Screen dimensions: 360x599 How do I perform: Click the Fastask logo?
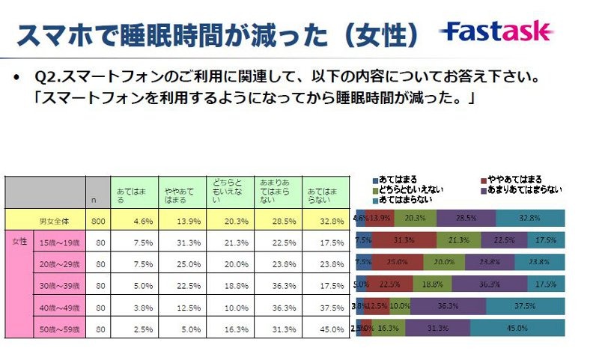498,31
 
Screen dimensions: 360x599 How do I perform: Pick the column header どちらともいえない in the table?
228,192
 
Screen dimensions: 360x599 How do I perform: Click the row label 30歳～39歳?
60,285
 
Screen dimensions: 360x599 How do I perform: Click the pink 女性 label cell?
18,242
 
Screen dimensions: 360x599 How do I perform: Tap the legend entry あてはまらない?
404,200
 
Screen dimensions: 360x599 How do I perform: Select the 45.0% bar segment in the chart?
517,328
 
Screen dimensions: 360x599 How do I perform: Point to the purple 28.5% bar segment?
465,219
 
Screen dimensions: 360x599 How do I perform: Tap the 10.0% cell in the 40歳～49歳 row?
228,307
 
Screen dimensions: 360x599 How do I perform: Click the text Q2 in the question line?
45,77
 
